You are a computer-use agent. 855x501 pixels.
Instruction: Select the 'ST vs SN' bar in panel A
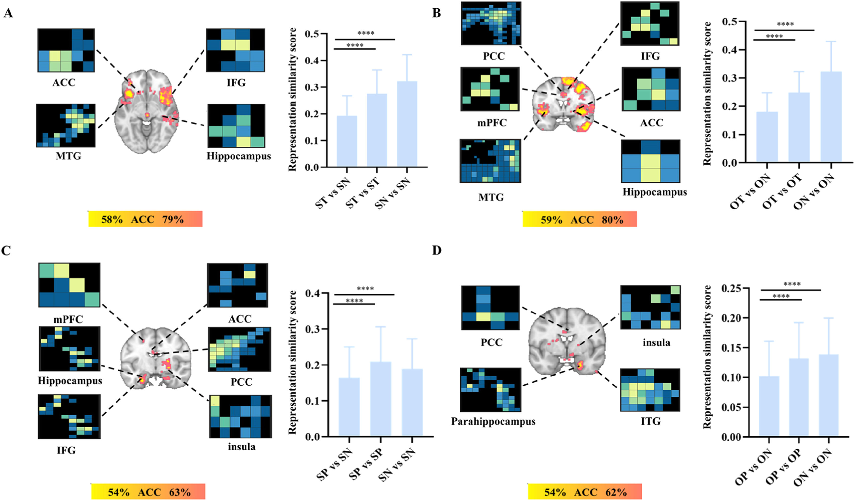point(346,141)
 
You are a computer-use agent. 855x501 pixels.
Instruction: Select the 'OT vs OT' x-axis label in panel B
point(782,191)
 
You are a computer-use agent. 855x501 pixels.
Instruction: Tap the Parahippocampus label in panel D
point(493,422)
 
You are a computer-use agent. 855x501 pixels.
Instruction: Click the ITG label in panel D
point(650,421)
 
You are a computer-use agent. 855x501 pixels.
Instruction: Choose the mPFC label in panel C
point(68,319)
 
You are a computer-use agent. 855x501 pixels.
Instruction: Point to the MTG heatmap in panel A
point(66,125)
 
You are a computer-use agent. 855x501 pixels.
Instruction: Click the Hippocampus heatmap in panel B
point(650,161)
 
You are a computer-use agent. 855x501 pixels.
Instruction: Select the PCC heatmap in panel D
point(490,308)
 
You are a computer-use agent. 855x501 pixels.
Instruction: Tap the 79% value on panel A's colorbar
point(173,219)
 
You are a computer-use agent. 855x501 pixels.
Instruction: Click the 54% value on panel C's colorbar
point(119,492)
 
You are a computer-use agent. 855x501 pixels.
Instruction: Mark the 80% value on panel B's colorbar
point(612,220)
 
